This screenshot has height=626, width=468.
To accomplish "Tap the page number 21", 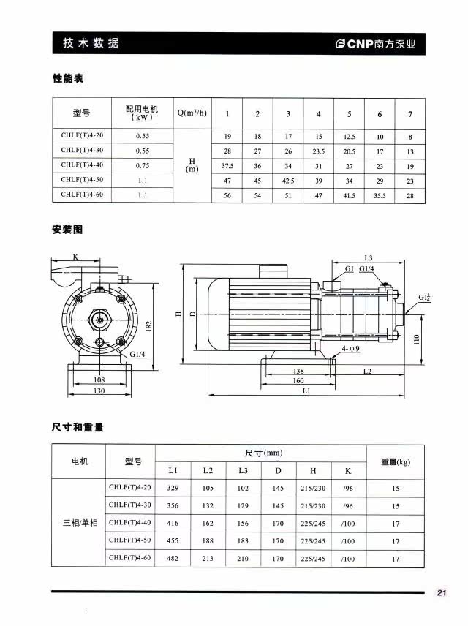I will tap(441, 592).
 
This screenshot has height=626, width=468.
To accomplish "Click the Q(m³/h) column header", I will tap(192, 113).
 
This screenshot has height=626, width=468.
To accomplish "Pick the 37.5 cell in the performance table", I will tap(227, 165).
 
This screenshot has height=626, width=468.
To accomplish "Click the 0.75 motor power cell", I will tap(143, 165).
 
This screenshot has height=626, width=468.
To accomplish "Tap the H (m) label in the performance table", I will tap(192, 165).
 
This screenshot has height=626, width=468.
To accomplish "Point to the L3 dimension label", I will tap(369, 258).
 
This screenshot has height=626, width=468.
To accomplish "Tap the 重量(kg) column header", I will tap(396, 461).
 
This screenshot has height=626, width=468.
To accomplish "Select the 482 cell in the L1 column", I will tap(173, 559).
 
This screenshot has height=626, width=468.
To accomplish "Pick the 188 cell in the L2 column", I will tap(208, 541).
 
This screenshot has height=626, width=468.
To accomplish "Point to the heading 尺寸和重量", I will tap(78, 427).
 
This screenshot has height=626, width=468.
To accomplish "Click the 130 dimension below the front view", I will tap(99, 391).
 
